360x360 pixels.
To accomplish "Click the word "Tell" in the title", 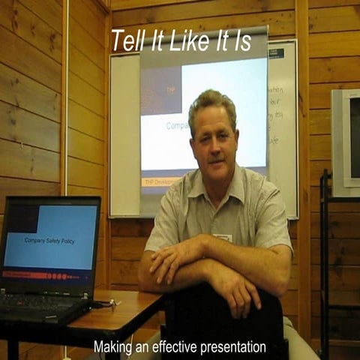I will [x=126, y=41].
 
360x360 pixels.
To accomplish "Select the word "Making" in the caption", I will [x=111, y=347].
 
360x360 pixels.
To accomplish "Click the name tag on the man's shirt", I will [x=222, y=238].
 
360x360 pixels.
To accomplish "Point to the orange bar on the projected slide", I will [x=158, y=181].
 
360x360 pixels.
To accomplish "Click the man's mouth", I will [x=214, y=159].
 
